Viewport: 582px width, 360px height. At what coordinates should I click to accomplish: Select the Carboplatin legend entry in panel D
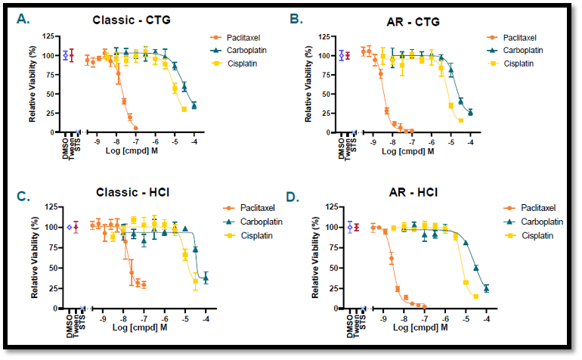533,221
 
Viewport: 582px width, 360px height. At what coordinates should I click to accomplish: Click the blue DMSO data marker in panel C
69,227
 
